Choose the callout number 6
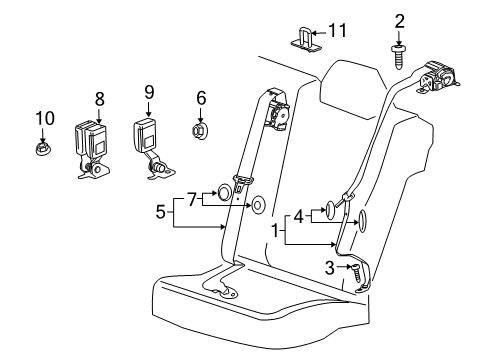click(x=201, y=98)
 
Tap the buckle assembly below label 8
click(x=93, y=143)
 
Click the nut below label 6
click(x=201, y=129)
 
